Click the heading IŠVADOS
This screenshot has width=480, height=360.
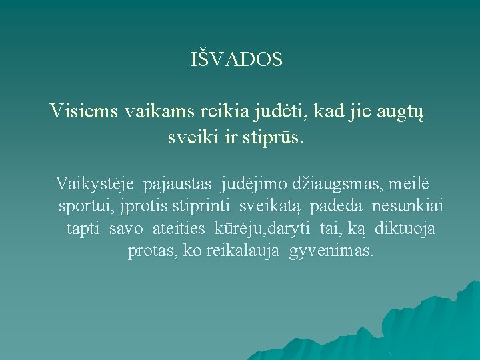pos(237,59)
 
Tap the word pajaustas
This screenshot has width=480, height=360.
pos(179,182)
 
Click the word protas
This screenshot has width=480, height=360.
pos(150,251)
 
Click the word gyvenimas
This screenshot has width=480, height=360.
pos(332,251)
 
